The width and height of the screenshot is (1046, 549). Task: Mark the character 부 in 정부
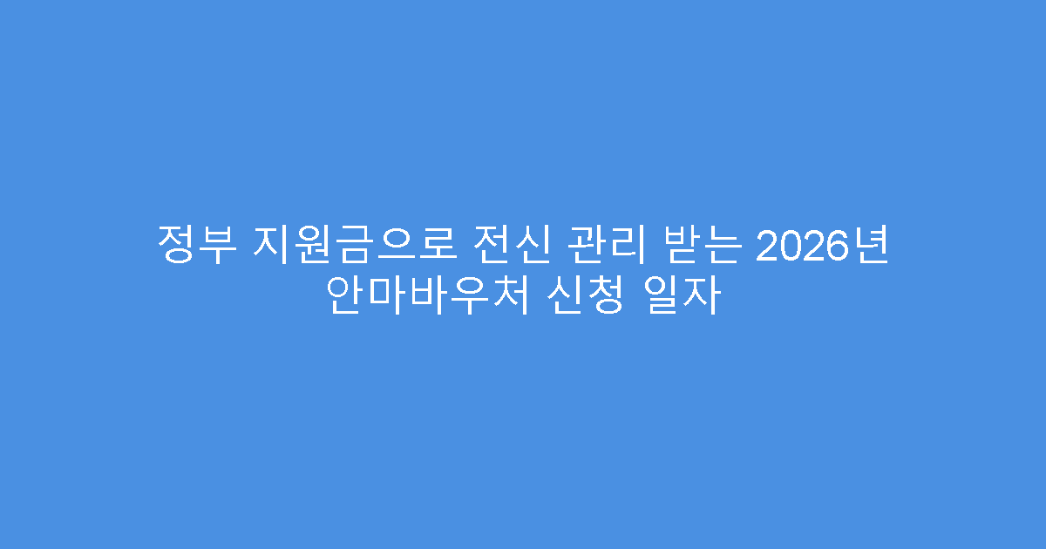tap(218, 246)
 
